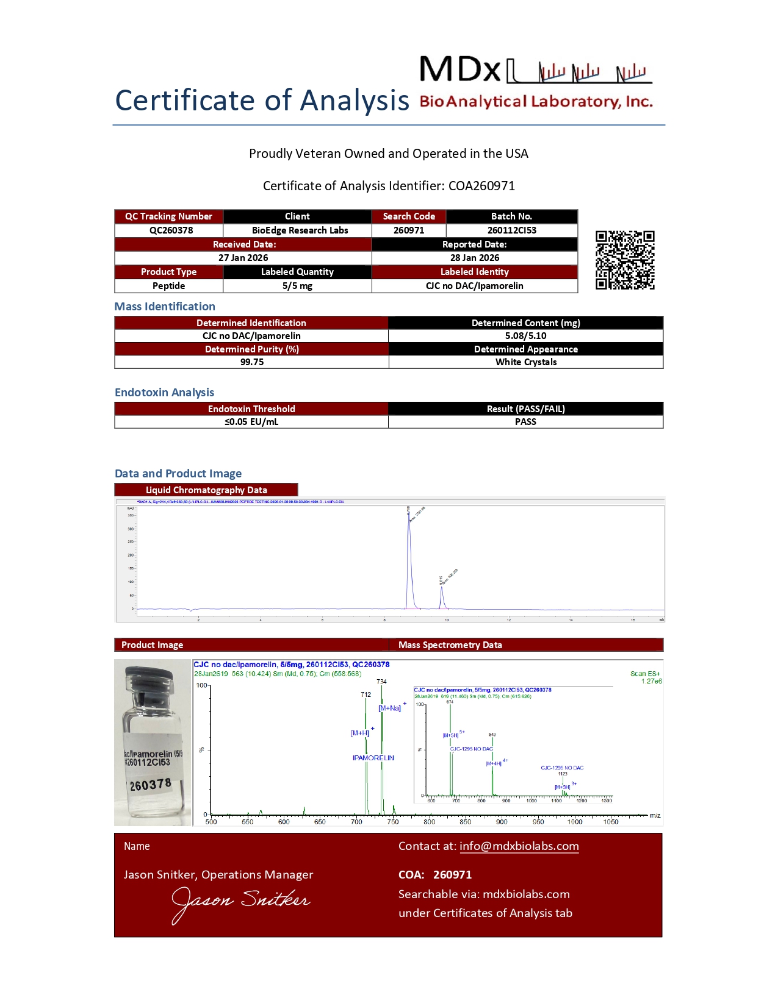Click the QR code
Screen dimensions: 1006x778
625,260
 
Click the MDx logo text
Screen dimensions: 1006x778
460,70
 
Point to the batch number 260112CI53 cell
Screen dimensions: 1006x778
511,230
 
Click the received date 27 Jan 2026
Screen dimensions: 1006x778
243,258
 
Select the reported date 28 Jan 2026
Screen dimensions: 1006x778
474,258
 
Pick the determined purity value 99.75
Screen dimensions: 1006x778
251,362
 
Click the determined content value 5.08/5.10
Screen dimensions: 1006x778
525,336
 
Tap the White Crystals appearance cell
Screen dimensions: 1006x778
525,362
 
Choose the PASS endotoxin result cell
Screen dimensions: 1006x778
525,422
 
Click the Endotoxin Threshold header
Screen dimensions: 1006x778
251,409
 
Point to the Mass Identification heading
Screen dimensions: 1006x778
165,307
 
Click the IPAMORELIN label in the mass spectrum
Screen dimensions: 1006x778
373,758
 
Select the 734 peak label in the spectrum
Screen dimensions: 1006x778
381,682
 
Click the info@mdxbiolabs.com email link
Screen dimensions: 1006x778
519,846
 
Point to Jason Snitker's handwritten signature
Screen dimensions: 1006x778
240,902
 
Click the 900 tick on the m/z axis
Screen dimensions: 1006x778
502,822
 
